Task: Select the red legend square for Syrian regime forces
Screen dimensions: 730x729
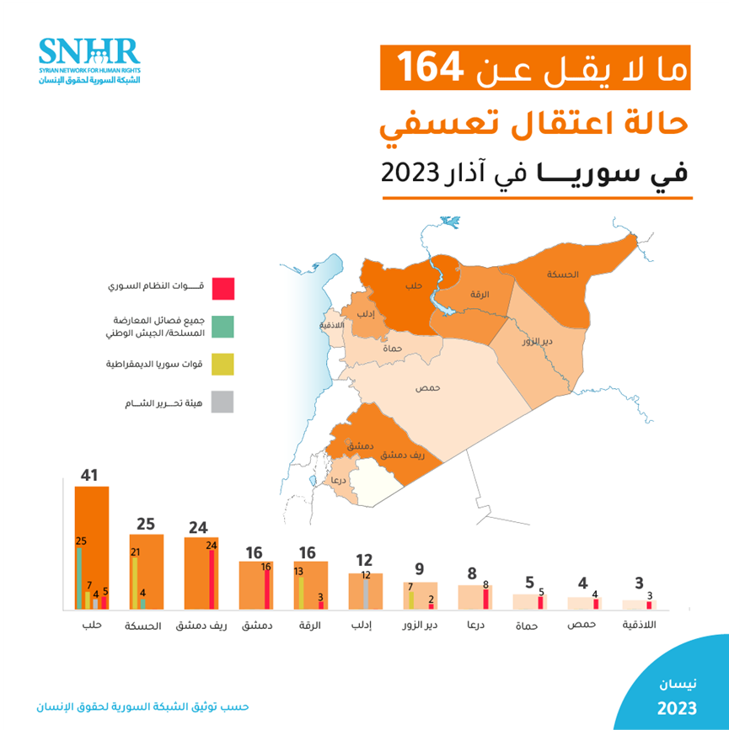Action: [222, 289]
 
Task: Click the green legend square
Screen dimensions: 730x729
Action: [222, 327]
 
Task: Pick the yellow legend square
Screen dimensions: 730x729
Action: [222, 365]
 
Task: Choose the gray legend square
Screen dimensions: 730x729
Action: [222, 402]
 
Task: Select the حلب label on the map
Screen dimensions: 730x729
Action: [413, 286]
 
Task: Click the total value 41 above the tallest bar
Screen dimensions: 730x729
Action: [90, 475]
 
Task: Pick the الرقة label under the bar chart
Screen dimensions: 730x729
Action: [310, 626]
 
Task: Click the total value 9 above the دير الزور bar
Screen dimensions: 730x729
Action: [419, 569]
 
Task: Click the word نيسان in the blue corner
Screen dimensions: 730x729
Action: [678, 681]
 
